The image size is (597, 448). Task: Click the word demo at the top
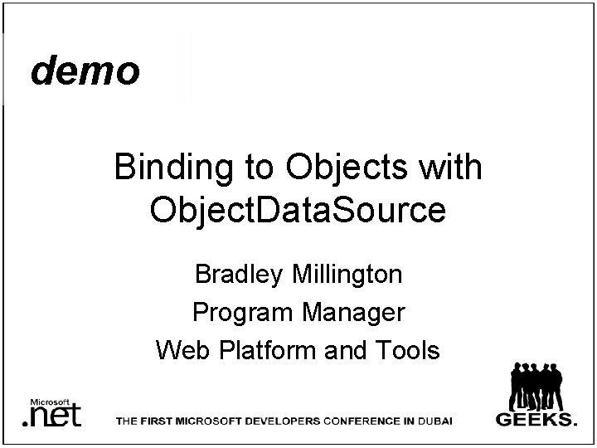pyautogui.click(x=85, y=72)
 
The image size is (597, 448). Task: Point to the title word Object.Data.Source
pyautogui.click(x=298, y=211)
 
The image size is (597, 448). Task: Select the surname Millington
pyautogui.click(x=349, y=273)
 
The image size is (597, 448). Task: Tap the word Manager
pyautogui.click(x=352, y=312)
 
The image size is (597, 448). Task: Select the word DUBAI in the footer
pyautogui.click(x=434, y=421)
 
